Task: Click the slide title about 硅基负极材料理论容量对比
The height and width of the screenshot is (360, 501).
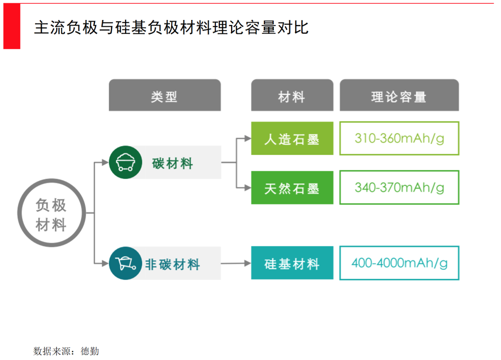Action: (171, 27)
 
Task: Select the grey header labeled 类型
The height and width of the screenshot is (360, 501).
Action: (165, 96)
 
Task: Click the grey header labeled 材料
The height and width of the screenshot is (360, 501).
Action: (292, 96)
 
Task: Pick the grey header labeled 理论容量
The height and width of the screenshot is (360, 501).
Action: (399, 96)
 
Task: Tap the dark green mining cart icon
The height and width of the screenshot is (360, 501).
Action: (125, 162)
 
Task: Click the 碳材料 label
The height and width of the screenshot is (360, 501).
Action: (172, 163)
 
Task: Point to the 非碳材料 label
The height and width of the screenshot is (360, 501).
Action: (172, 264)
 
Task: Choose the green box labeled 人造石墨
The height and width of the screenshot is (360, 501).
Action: (292, 138)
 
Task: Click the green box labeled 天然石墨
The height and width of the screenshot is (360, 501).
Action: (292, 187)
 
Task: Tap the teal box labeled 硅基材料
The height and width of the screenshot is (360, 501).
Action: (292, 263)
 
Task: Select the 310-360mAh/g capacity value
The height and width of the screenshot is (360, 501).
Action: (399, 138)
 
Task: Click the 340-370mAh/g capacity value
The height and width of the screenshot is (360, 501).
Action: (399, 187)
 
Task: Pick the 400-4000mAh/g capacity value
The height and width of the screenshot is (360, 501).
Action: (399, 263)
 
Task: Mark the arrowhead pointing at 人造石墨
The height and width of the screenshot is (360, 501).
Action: (247, 138)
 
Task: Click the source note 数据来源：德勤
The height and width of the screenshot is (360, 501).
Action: (66, 351)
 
